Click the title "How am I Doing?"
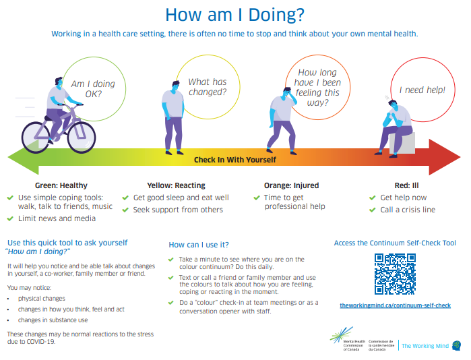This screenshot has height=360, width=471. (x=234, y=14)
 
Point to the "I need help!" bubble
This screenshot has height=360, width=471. (x=422, y=89)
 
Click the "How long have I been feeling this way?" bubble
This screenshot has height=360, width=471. (x=317, y=88)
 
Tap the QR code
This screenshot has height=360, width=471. (x=395, y=274)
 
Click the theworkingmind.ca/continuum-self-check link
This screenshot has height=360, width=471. (x=395, y=305)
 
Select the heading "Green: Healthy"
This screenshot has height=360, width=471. (x=61, y=185)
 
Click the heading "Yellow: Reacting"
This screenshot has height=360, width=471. (x=176, y=185)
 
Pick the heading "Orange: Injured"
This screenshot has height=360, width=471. (x=292, y=185)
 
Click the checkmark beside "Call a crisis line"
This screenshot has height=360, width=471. (x=374, y=210)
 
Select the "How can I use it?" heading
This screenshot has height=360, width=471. (x=199, y=244)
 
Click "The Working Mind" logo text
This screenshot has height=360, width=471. (x=425, y=346)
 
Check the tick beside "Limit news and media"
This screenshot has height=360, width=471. (x=10, y=218)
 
